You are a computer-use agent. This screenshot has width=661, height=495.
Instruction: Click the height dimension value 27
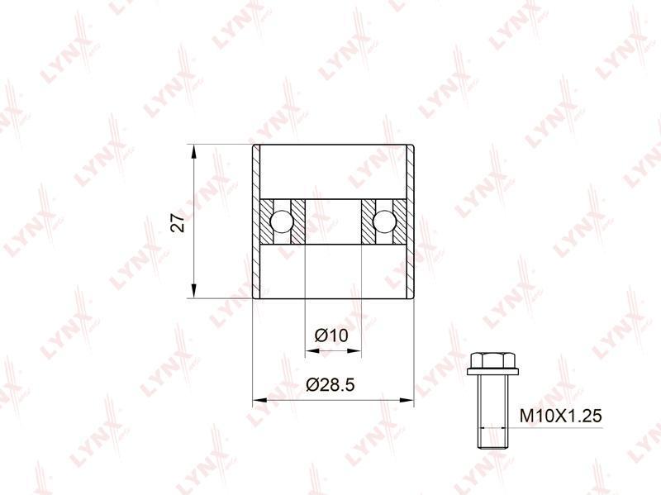(179, 222)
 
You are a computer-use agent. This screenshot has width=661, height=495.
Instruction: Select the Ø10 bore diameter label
(331, 336)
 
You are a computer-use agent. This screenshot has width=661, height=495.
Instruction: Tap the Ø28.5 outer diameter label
(330, 384)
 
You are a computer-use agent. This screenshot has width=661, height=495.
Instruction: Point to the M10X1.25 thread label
(560, 416)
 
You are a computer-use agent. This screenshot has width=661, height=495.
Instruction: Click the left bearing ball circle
(282, 221)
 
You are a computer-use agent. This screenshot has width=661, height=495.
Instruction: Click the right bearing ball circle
(384, 221)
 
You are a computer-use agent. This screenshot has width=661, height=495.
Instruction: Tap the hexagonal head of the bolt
(492, 360)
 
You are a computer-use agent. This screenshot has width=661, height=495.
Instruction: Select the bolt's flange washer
(492, 372)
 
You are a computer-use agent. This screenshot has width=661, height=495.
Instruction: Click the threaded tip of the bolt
(492, 439)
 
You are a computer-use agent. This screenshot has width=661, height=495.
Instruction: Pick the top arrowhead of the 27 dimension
(193, 152)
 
